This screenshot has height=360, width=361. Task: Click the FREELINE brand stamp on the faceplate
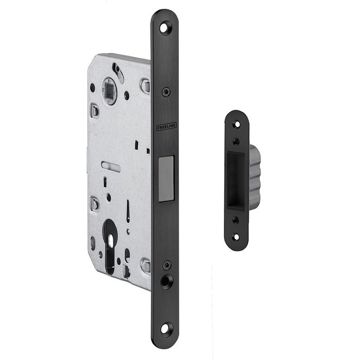click(167, 127)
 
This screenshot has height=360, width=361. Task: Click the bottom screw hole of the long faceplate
click(165, 329)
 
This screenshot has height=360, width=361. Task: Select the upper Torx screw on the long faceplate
click(166, 92)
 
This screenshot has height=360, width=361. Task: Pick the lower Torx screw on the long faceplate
click(167, 265)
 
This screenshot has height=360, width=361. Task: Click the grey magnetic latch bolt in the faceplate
click(166, 179)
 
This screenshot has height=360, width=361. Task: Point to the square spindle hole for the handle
click(109, 90)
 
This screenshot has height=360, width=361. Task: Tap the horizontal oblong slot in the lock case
click(111, 166)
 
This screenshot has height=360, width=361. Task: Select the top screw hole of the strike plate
click(237, 125)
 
